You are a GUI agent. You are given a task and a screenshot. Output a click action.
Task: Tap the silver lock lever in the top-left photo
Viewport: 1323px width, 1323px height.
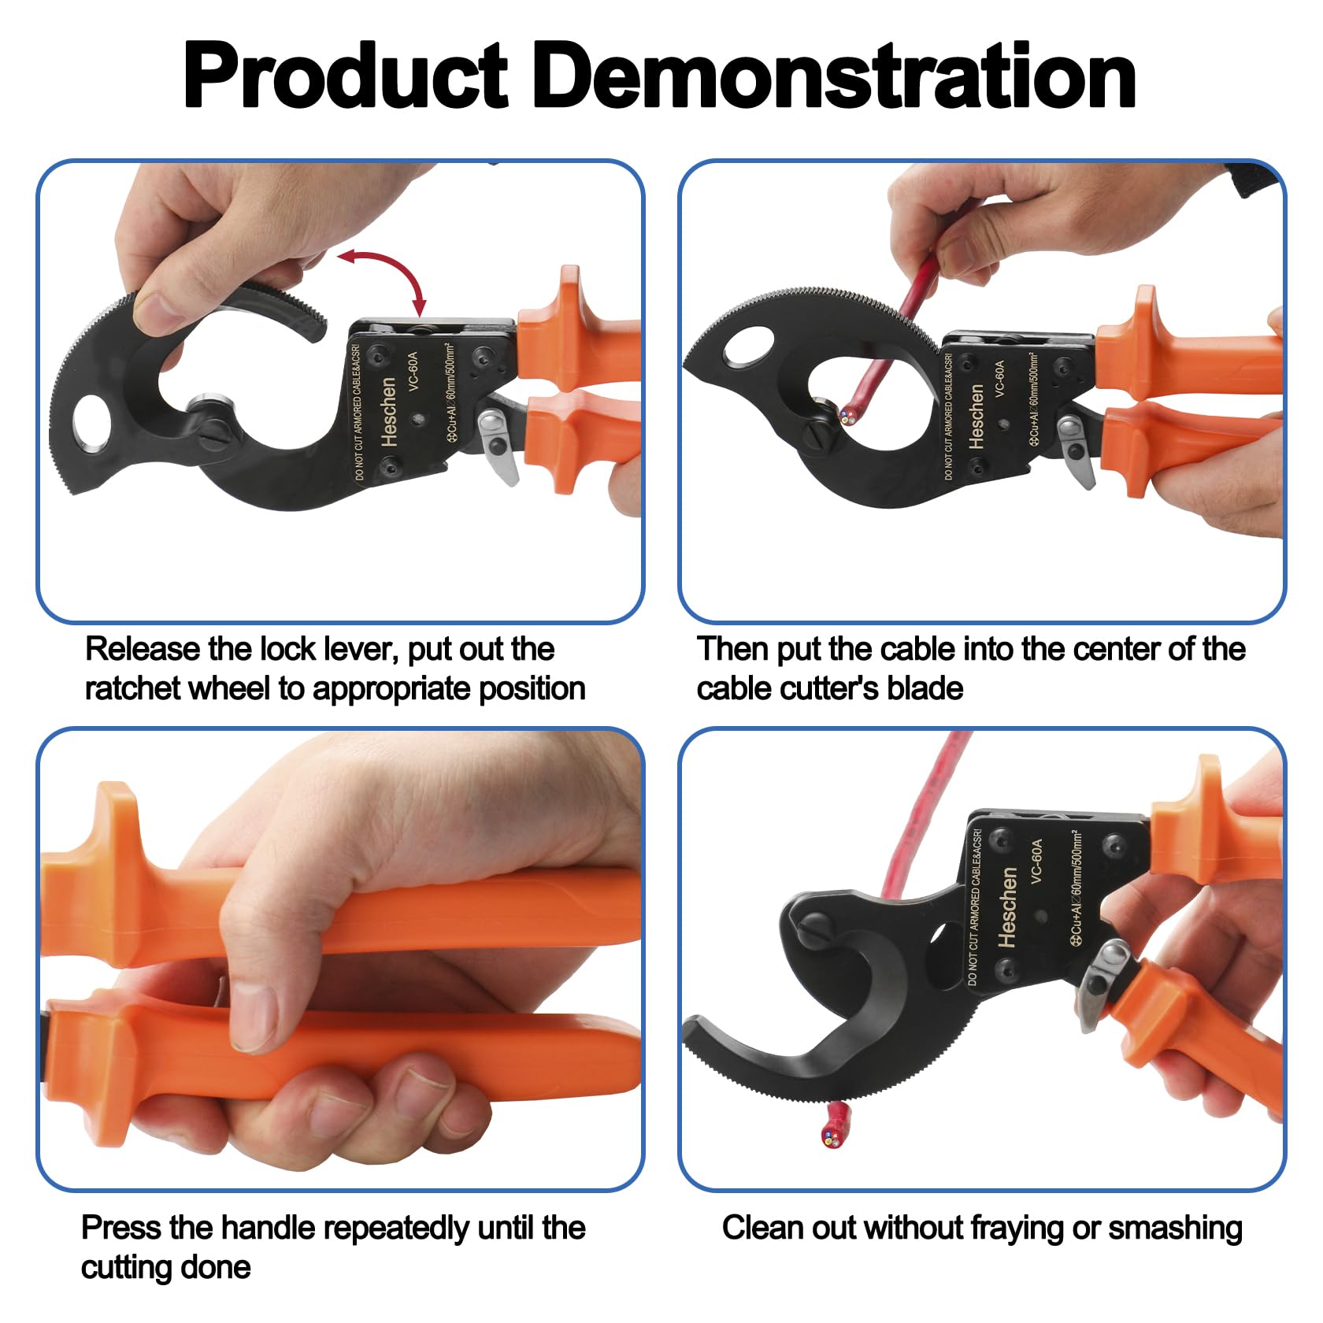pyautogui.click(x=498, y=446)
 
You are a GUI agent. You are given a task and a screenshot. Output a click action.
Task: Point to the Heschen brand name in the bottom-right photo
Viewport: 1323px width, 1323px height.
pyautogui.click(x=1009, y=906)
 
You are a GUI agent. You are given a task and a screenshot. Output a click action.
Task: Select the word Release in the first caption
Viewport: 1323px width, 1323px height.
pyautogui.click(x=143, y=649)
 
